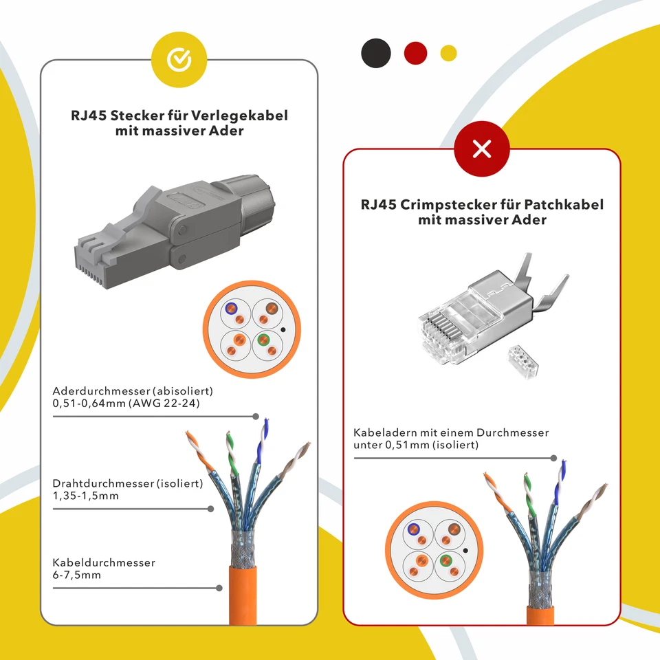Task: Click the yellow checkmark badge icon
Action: pos(179,60)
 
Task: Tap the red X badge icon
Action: pos(482,148)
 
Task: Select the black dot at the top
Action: pos(375,53)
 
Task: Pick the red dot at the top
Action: pos(415,53)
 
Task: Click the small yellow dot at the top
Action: pos(448,53)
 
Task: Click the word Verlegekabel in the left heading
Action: pos(240,115)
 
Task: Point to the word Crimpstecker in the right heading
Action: pos(445,205)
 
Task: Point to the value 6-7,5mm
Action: pos(76,575)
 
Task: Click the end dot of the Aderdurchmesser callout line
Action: pos(256,416)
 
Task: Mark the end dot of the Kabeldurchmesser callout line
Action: pos(219,588)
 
